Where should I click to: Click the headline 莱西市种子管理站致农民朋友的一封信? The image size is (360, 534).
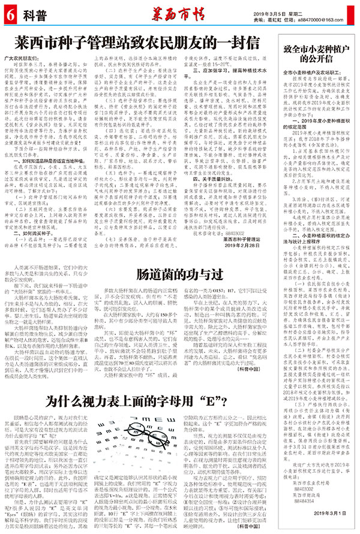click(139, 42)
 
